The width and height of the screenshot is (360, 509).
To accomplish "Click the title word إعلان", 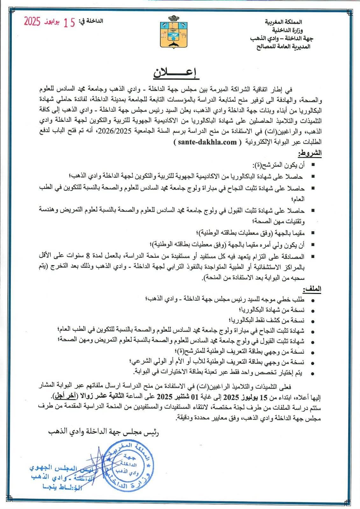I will click(176, 73).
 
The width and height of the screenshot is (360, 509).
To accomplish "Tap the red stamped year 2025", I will click(32, 22).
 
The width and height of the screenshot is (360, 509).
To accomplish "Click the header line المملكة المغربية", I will click(283, 22).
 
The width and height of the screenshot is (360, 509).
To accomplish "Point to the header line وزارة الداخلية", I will click(287, 30).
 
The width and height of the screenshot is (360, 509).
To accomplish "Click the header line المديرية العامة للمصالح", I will click(283, 47).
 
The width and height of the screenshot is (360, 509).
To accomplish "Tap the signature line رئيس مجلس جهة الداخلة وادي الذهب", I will click(103, 432).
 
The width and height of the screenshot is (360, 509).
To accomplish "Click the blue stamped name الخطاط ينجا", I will click(62, 487).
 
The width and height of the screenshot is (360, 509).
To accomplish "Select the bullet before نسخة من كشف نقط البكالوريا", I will click(313, 321).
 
